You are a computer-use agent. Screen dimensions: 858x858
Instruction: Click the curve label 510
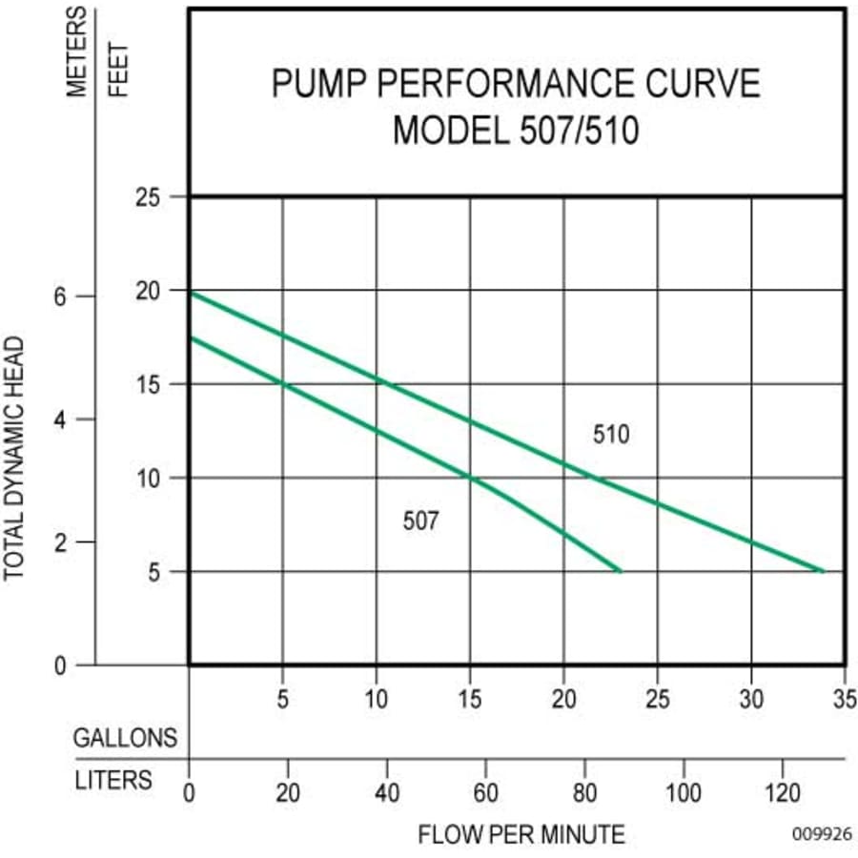(611, 435)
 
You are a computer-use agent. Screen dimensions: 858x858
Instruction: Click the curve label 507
(421, 521)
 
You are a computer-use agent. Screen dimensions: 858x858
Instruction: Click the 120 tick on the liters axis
(783, 792)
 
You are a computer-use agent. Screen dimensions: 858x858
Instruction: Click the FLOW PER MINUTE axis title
(521, 835)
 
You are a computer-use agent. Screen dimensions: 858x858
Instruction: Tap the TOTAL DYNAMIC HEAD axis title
(14, 458)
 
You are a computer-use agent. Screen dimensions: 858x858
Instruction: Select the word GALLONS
(126, 738)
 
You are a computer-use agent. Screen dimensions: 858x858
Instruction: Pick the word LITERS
(113, 780)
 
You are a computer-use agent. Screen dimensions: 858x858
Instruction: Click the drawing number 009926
(821, 833)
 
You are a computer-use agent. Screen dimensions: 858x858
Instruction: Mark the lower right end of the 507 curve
(621, 571)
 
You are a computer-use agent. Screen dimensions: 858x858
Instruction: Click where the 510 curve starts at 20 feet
(190, 293)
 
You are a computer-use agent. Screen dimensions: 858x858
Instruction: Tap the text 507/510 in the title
(578, 130)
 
